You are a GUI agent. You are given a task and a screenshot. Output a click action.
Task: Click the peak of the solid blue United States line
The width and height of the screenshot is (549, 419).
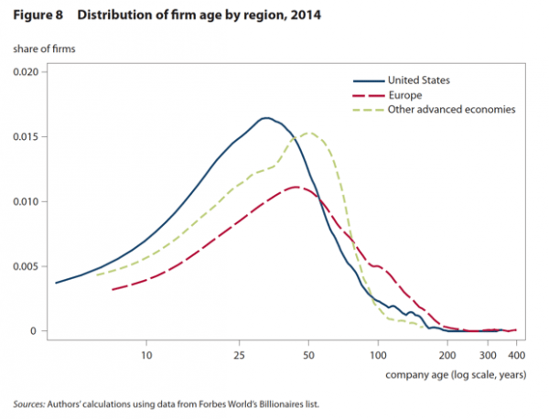pos(266,118)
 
